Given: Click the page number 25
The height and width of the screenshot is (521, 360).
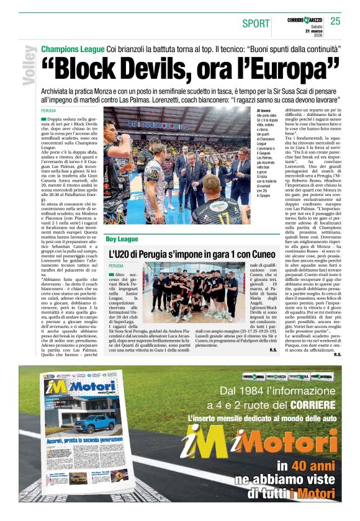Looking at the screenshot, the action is (x=335, y=21).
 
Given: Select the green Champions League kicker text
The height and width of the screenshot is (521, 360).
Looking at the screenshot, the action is (x=72, y=49).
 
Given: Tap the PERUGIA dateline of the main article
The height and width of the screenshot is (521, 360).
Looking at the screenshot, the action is (x=52, y=110).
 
